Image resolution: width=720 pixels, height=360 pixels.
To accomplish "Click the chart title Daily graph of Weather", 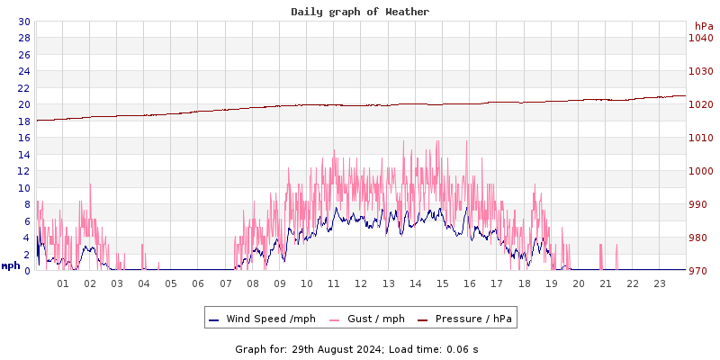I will click(x=360, y=12).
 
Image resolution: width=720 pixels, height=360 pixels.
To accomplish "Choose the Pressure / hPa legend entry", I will click(x=472, y=319).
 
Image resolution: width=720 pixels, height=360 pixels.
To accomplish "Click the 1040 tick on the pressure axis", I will click(x=700, y=38).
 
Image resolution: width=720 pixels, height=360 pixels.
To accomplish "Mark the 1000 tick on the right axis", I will click(x=700, y=171).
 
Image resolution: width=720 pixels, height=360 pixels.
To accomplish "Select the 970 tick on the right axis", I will click(x=700, y=271).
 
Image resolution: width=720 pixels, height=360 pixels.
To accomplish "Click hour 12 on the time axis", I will click(x=361, y=283).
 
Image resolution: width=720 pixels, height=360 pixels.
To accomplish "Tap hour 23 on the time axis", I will click(x=660, y=283).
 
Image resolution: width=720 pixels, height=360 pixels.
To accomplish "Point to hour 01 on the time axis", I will click(x=63, y=283).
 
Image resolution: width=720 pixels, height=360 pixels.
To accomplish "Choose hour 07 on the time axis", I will click(x=225, y=283).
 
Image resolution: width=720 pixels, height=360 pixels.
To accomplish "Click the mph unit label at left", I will click(x=11, y=265).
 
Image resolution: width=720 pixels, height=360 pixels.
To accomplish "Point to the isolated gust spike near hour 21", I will click(x=616, y=256).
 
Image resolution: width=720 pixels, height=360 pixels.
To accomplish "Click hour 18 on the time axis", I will click(x=524, y=283).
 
